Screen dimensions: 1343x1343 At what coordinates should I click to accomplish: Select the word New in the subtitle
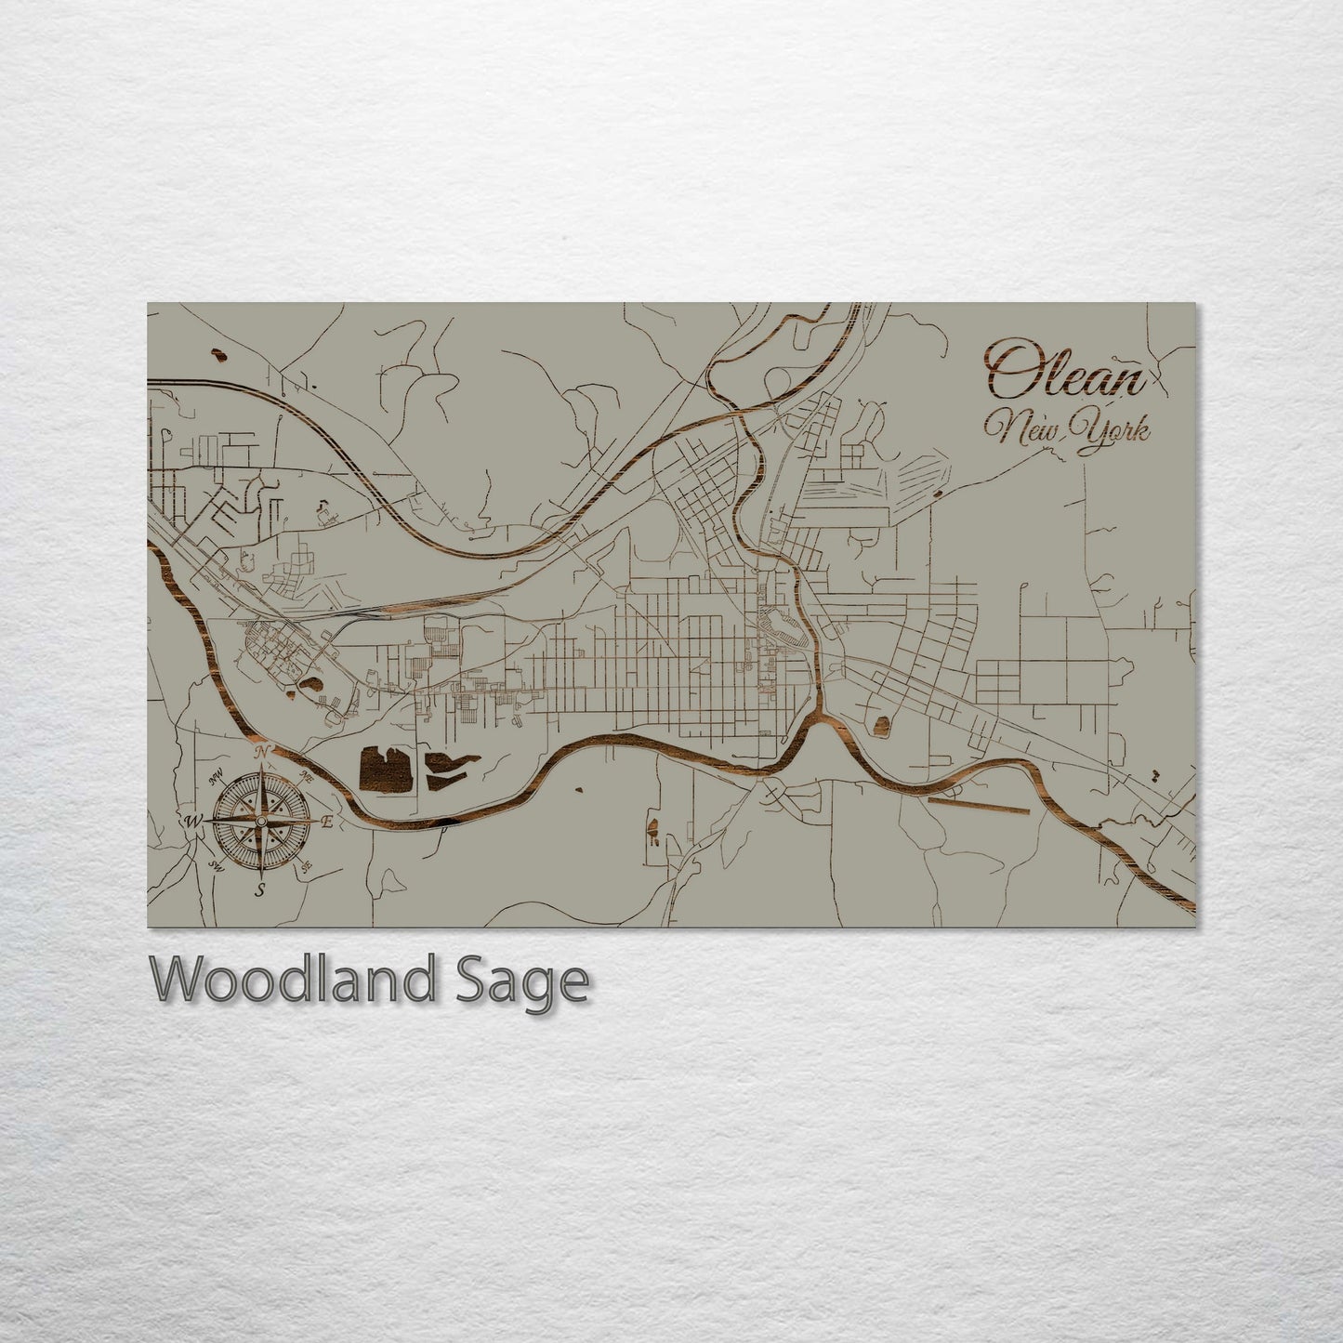tap(1020, 427)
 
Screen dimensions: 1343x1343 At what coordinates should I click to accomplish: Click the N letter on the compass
tap(263, 752)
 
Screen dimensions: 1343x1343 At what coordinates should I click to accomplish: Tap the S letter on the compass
tap(261, 889)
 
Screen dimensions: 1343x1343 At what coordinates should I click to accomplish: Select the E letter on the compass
tap(326, 822)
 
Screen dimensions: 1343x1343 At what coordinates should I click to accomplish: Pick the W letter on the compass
tap(194, 821)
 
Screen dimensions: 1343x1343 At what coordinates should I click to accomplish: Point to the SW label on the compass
tap(217, 865)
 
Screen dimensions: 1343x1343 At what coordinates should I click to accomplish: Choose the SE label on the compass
tap(306, 865)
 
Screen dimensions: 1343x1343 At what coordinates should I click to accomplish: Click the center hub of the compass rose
tap(261, 822)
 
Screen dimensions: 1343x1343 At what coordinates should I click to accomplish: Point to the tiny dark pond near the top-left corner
tap(220, 354)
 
